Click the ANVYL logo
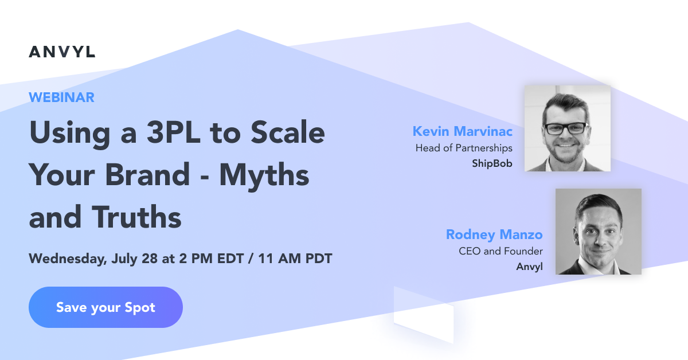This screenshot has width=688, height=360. [x=62, y=52]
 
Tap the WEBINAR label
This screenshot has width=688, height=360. [x=61, y=97]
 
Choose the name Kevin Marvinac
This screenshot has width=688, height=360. [x=462, y=132]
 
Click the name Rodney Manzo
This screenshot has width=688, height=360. [x=494, y=234]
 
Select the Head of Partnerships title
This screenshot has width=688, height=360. [x=464, y=148]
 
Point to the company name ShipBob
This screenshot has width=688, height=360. [x=491, y=164]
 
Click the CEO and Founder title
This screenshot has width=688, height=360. [x=501, y=251]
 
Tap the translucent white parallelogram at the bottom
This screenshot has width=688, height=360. [x=424, y=314]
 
